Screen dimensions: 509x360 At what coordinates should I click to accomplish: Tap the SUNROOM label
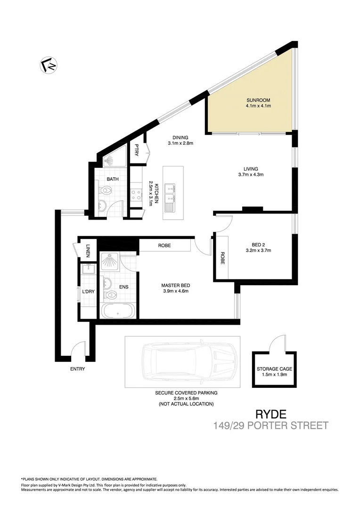[x=258, y=100]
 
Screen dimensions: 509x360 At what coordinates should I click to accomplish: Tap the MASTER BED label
[x=175, y=286]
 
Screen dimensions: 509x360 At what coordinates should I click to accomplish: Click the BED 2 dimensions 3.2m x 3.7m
[x=258, y=250]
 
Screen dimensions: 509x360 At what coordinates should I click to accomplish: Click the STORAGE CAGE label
[x=274, y=369]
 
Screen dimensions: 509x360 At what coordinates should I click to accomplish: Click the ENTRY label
[x=77, y=369]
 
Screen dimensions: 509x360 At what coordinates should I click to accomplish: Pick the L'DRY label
[x=88, y=292]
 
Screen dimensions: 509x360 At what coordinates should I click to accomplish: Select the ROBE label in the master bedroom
[x=164, y=246]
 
